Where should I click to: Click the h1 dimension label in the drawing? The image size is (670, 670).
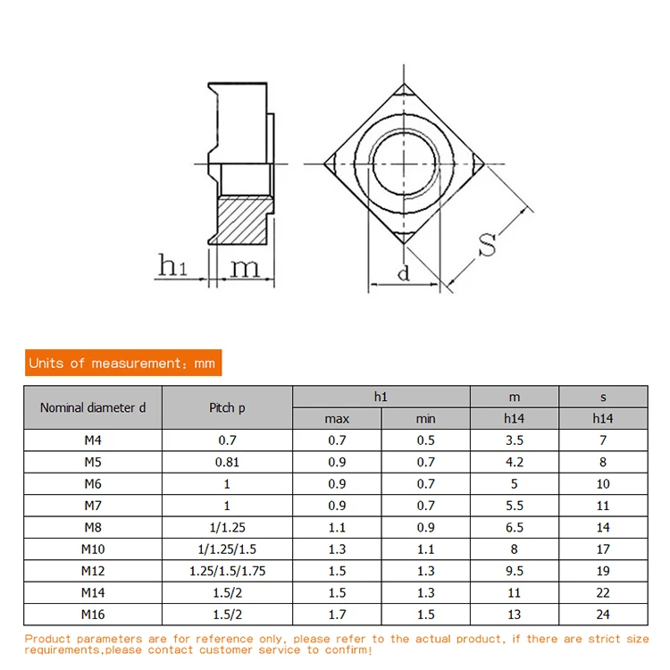[172, 265]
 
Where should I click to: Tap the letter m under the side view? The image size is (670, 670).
[245, 268]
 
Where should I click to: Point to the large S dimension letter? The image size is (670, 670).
[487, 244]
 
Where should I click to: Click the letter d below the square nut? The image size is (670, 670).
[404, 272]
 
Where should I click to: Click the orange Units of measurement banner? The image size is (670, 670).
[123, 363]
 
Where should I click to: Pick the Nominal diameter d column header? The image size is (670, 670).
[93, 407]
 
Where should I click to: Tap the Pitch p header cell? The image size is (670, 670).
[227, 407]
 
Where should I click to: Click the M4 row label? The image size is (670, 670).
[93, 440]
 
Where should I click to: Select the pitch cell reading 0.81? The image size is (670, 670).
[227, 462]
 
